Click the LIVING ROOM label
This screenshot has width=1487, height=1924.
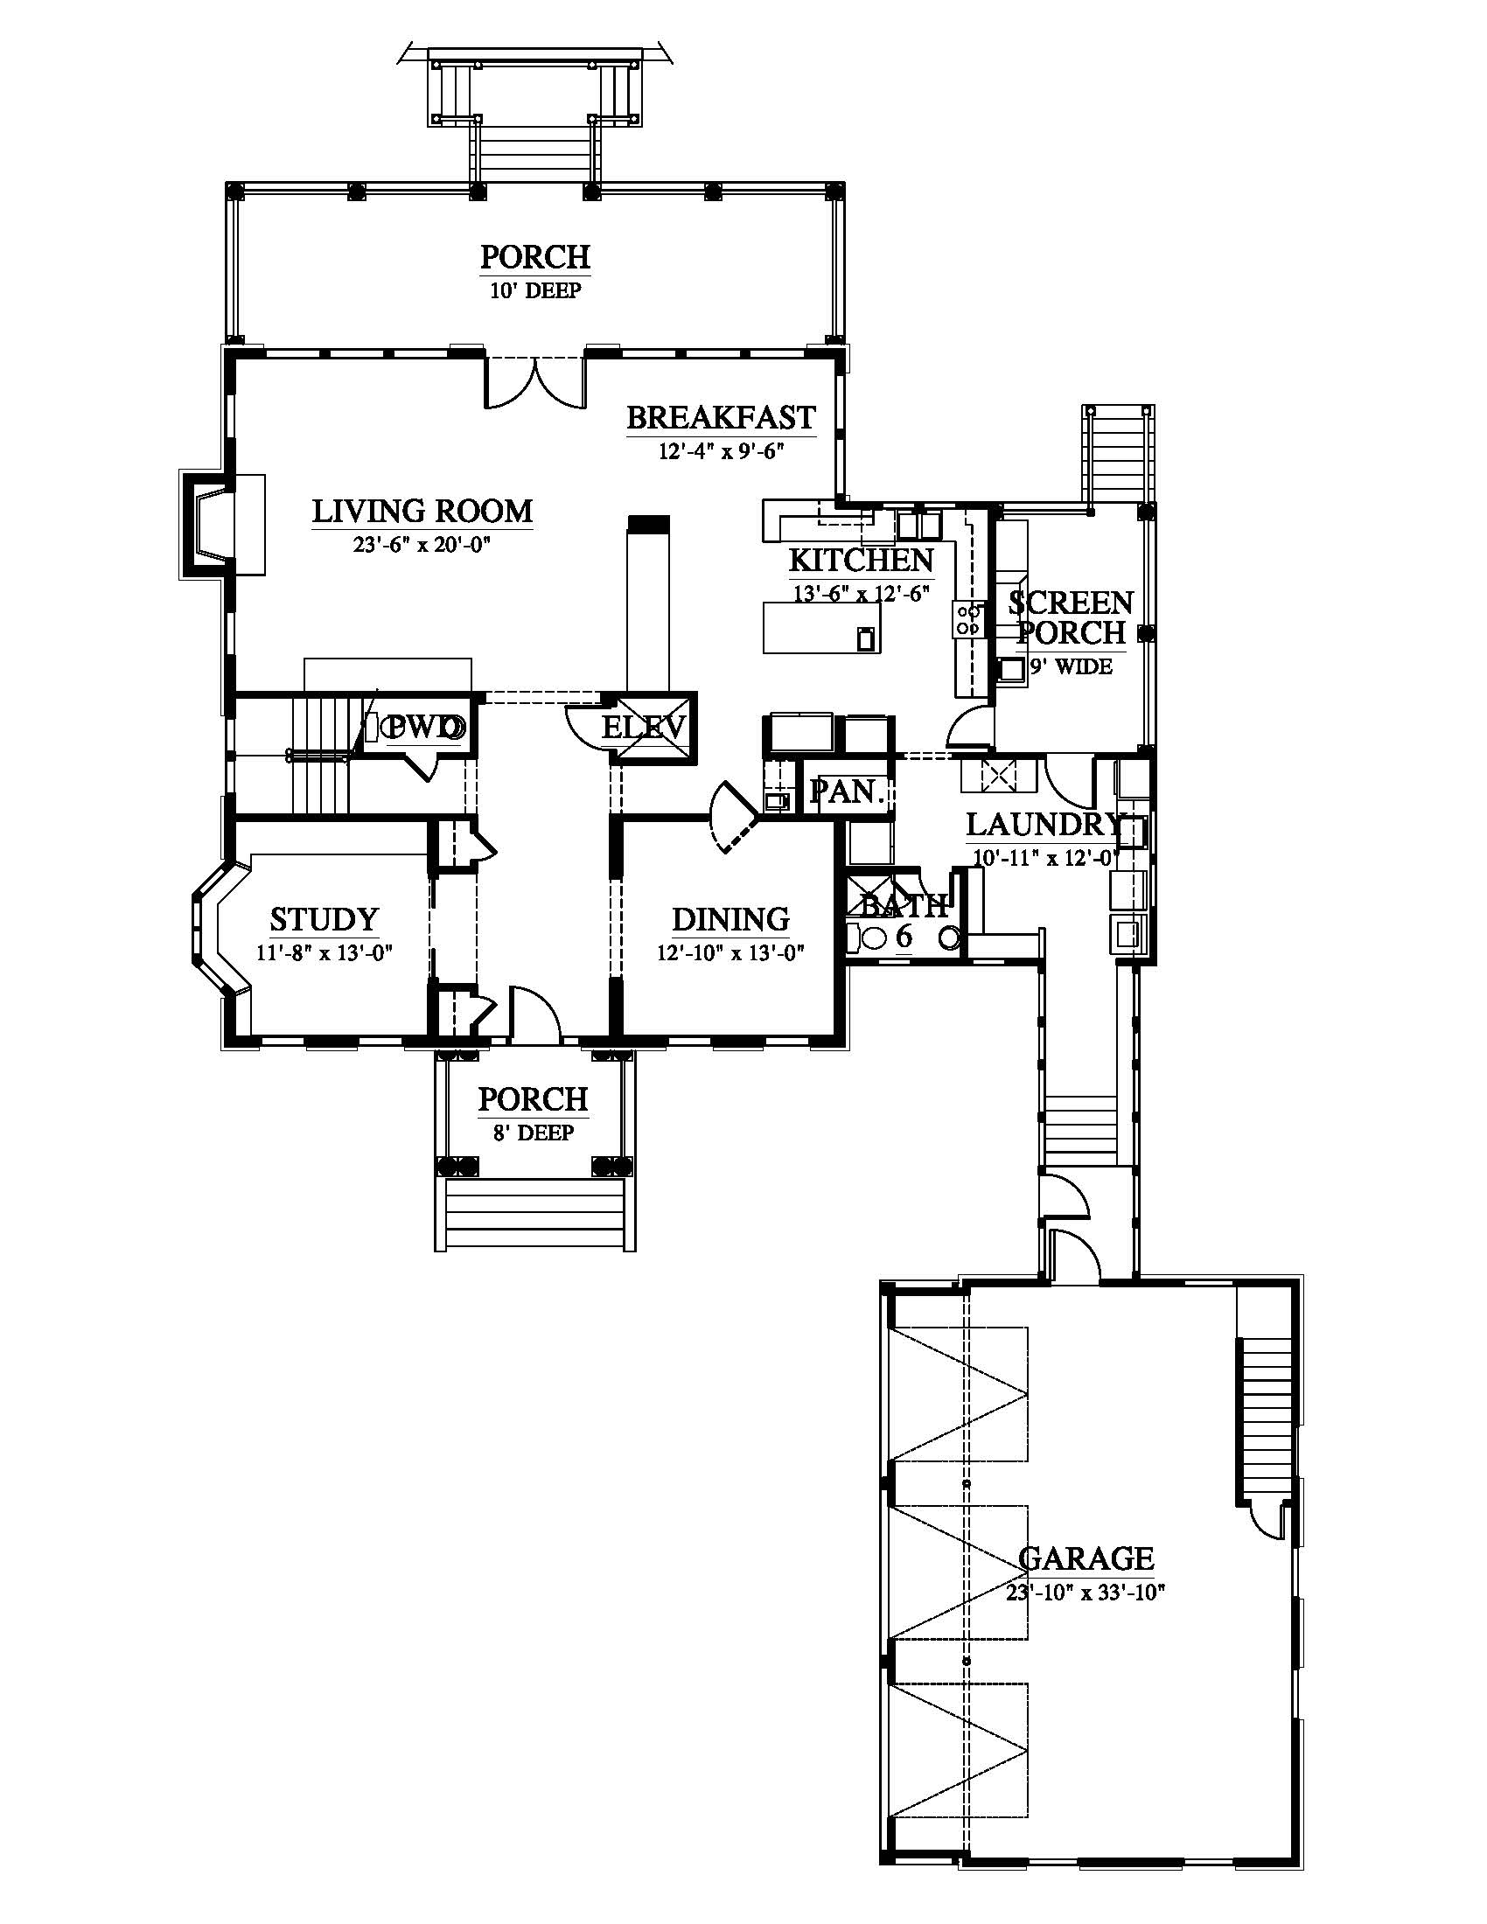[x=422, y=511]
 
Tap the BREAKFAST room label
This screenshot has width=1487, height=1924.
[x=722, y=417]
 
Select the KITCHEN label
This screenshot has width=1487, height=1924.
[x=861, y=561]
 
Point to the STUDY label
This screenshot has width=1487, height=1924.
[x=325, y=919]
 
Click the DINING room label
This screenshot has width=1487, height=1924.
[x=731, y=919]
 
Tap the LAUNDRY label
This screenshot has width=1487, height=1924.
[x=1044, y=825]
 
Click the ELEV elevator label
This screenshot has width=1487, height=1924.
[x=644, y=728]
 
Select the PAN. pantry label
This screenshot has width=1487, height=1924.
[x=847, y=791]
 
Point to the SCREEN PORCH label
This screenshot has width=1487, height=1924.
[x=1072, y=617]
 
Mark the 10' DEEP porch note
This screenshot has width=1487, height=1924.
[x=535, y=290]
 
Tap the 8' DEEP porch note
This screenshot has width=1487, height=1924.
[x=534, y=1132]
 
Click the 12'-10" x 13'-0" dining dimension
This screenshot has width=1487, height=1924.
[x=731, y=952]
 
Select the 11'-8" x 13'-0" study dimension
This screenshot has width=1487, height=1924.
[x=325, y=952]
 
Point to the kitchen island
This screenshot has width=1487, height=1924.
[x=822, y=627]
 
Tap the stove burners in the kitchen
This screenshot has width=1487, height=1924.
[x=967, y=619]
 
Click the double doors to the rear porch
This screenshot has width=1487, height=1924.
[x=534, y=380]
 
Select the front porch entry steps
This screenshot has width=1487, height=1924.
[x=534, y=1215]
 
